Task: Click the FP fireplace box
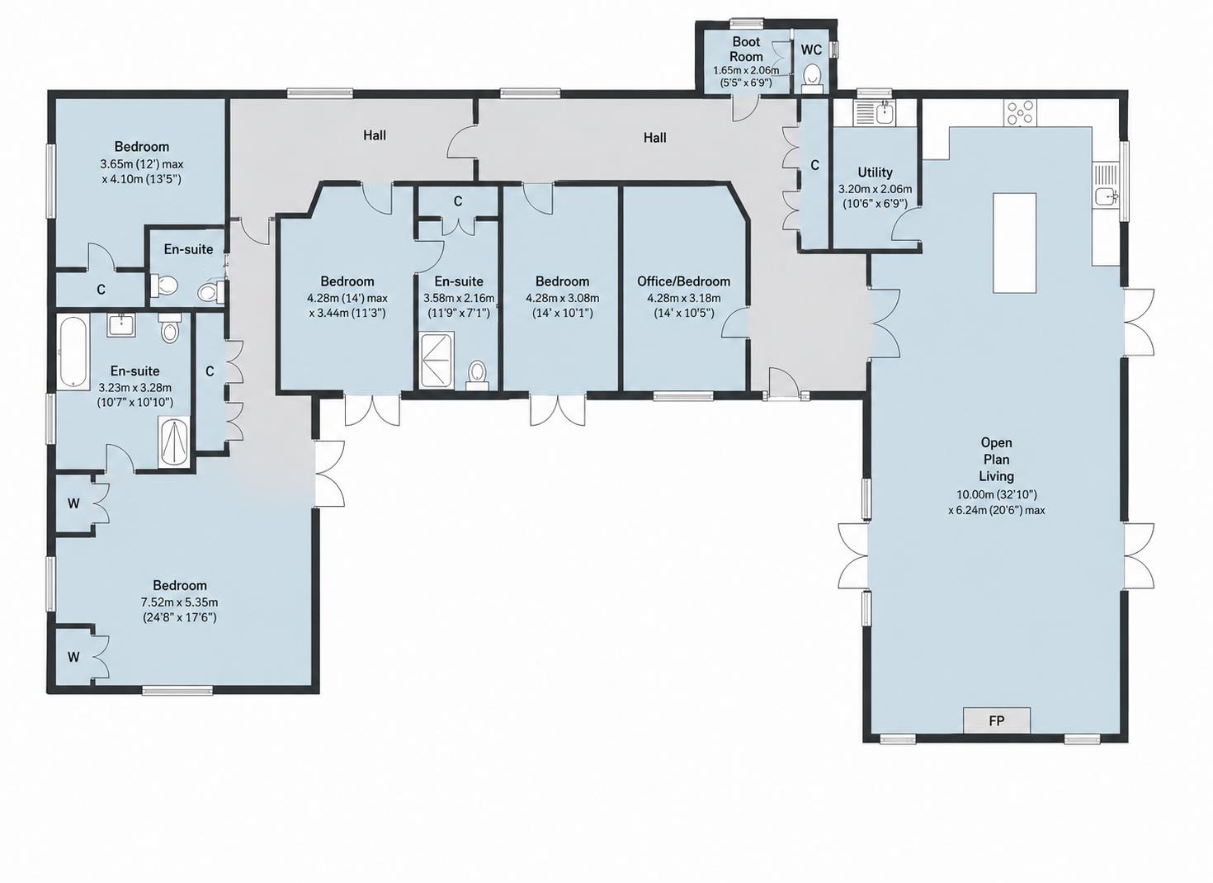pyautogui.click(x=997, y=721)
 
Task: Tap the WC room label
pyautogui.click(x=811, y=50)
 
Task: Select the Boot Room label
pyautogui.click(x=746, y=49)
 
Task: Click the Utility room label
pyautogui.click(x=875, y=172)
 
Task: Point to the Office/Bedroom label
pyautogui.click(x=683, y=281)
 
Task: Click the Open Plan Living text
pyautogui.click(x=997, y=460)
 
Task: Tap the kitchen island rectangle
pyautogui.click(x=1014, y=243)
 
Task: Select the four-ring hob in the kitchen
pyautogui.click(x=1020, y=113)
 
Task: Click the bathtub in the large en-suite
pyautogui.click(x=73, y=352)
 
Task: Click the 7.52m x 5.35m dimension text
pyautogui.click(x=180, y=602)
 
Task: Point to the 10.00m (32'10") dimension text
pyautogui.click(x=997, y=494)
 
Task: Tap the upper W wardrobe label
pyautogui.click(x=73, y=503)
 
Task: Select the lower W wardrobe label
pyautogui.click(x=73, y=657)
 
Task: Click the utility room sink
pyautogui.click(x=885, y=113)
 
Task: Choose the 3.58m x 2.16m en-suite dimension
pyautogui.click(x=459, y=298)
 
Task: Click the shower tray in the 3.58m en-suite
pyautogui.click(x=436, y=361)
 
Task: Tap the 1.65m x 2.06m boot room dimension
pyautogui.click(x=746, y=70)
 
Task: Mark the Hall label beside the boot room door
pyautogui.click(x=654, y=138)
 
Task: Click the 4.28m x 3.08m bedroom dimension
pyautogui.click(x=563, y=298)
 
